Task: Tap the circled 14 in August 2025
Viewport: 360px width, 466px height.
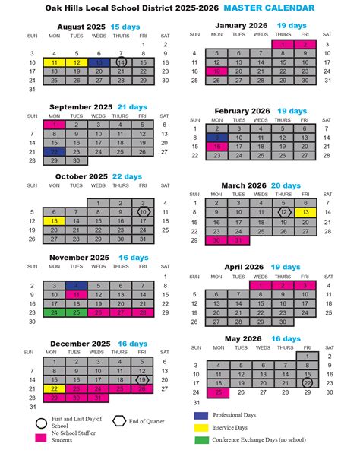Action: click(x=122, y=62)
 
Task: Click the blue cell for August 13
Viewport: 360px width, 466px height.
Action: click(x=99, y=62)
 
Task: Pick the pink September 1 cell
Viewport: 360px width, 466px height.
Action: click(x=55, y=125)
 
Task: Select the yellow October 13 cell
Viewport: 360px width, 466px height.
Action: click(x=55, y=221)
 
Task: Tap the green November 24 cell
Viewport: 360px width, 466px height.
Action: click(x=55, y=312)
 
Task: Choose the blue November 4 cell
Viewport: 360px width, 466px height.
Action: click(x=77, y=284)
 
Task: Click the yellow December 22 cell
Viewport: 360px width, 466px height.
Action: click(x=55, y=388)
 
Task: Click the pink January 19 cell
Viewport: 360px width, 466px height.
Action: click(x=217, y=71)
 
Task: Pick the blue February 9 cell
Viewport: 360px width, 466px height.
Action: click(x=217, y=138)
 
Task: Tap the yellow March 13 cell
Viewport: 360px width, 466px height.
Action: click(x=305, y=212)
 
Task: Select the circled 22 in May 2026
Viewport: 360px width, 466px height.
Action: click(x=307, y=383)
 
